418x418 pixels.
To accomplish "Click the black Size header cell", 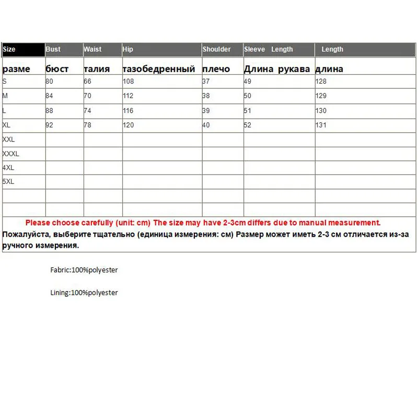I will [23, 50].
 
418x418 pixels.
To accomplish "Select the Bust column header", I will [53, 50].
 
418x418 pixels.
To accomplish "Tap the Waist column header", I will [92, 50].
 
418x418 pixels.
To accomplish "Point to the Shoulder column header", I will [216, 50].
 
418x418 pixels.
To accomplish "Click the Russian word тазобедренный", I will [159, 69].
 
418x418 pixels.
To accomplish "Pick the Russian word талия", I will [97, 69].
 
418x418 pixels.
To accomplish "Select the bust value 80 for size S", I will [50, 82].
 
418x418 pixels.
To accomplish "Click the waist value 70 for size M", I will [88, 96].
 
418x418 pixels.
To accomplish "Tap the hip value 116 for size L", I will [128, 111].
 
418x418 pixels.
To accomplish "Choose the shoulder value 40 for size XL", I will [206, 125].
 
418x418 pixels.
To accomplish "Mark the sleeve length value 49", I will [248, 82].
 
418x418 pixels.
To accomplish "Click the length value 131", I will [321, 125].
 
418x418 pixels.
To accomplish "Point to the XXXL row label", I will [10, 154].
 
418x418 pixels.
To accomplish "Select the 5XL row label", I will [8, 182].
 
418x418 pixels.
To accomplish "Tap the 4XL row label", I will [8, 168].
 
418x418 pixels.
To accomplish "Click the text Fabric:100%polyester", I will [84, 270].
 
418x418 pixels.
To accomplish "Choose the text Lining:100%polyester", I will [84, 293].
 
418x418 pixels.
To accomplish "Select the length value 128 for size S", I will [321, 82].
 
